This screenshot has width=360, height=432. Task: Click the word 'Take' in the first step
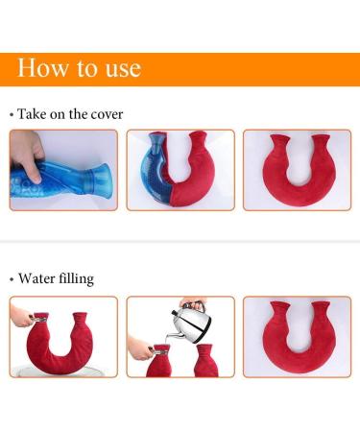(35, 114)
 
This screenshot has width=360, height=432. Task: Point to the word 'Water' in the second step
(39, 279)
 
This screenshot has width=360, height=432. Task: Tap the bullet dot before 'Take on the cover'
(12, 115)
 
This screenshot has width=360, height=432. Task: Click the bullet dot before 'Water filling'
(12, 280)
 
